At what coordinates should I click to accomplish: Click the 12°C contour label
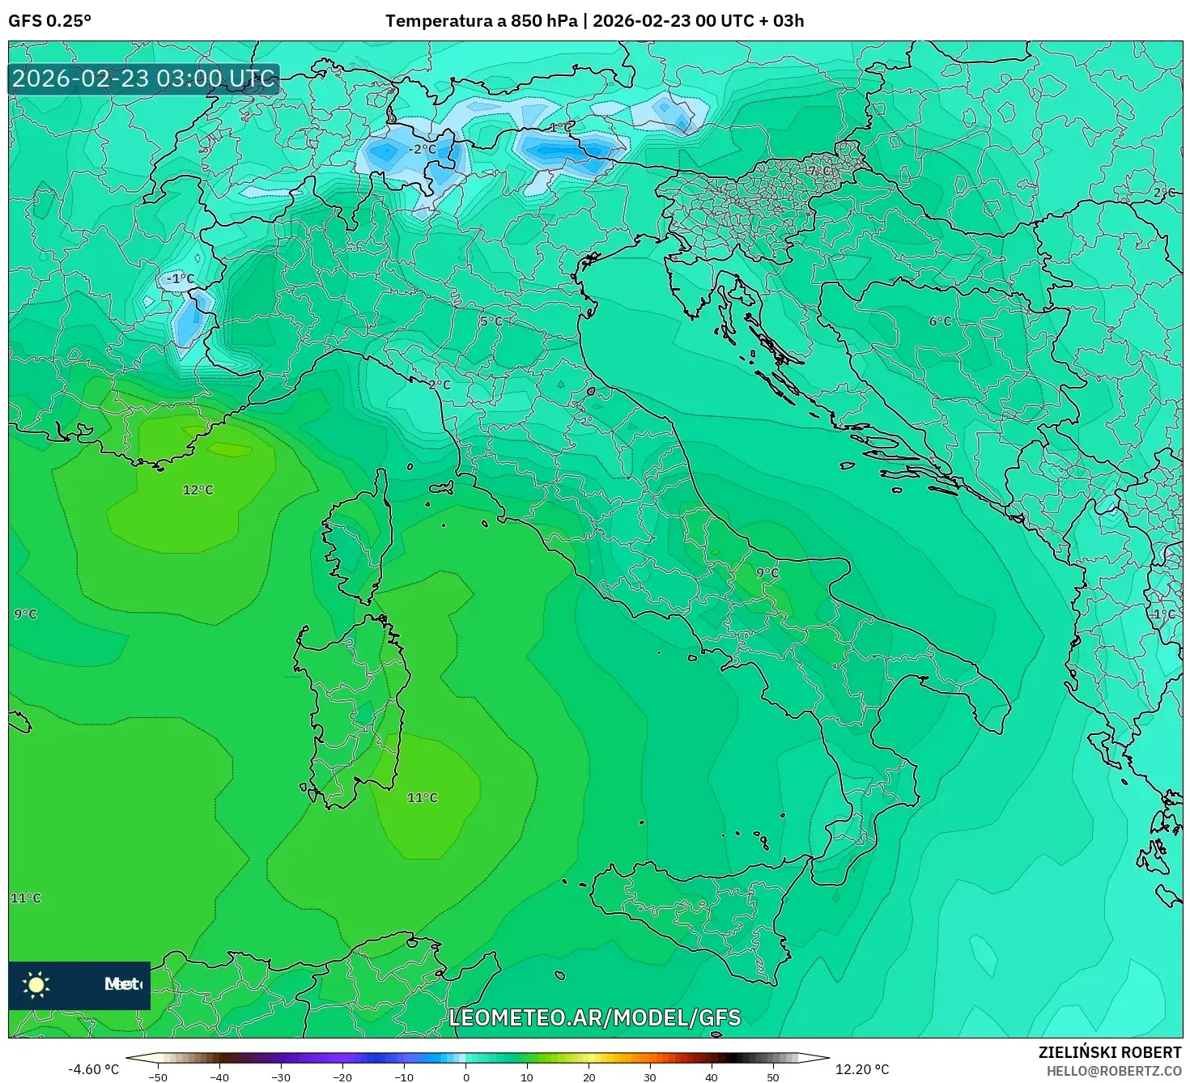(198, 490)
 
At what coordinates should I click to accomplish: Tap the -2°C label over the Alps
(421, 149)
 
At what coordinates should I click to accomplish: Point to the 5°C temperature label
(491, 321)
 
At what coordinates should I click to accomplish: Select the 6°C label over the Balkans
(940, 321)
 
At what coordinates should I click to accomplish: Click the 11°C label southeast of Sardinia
(422, 797)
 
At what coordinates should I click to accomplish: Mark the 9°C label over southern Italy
(767, 572)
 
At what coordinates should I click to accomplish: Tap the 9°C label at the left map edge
(25, 614)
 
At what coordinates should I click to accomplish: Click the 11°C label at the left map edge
(25, 898)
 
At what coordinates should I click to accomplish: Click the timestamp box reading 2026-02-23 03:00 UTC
(144, 79)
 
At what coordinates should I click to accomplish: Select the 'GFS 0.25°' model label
(49, 21)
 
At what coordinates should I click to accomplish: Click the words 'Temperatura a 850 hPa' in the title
(481, 21)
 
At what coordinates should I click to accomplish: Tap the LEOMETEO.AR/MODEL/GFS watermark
(595, 1017)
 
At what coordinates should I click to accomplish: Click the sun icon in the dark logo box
(36, 984)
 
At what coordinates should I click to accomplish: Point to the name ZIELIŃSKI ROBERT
(1109, 1052)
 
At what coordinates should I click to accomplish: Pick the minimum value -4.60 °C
(93, 1069)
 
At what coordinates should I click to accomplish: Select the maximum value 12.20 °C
(862, 1069)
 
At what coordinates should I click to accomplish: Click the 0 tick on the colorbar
(465, 1077)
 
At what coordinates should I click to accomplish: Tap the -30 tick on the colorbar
(280, 1077)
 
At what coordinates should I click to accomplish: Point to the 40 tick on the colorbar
(712, 1077)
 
